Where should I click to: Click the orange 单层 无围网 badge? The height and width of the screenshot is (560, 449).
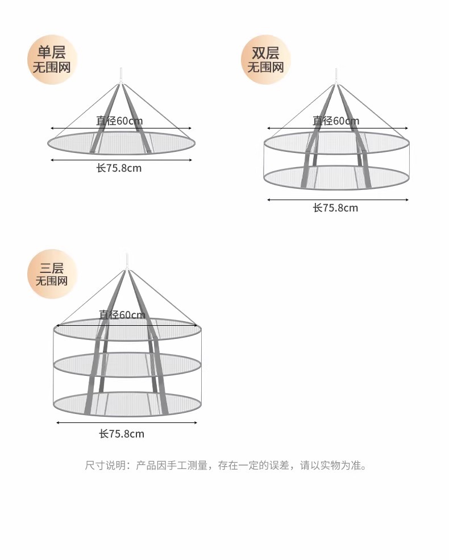(x=52, y=60)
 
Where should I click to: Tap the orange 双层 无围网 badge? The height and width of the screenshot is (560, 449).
(x=265, y=60)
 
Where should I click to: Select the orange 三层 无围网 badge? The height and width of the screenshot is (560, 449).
(x=52, y=274)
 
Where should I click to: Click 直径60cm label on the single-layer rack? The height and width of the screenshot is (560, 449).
(x=119, y=121)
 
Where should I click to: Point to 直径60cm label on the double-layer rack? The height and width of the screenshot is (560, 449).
(x=336, y=121)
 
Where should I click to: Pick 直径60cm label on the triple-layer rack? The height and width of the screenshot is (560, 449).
(x=122, y=314)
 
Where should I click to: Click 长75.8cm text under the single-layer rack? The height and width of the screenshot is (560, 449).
(x=119, y=168)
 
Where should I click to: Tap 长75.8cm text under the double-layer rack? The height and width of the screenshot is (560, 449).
(x=335, y=208)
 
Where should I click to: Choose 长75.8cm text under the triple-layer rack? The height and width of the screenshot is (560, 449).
(x=122, y=434)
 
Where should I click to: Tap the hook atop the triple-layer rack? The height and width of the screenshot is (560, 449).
(x=126, y=260)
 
